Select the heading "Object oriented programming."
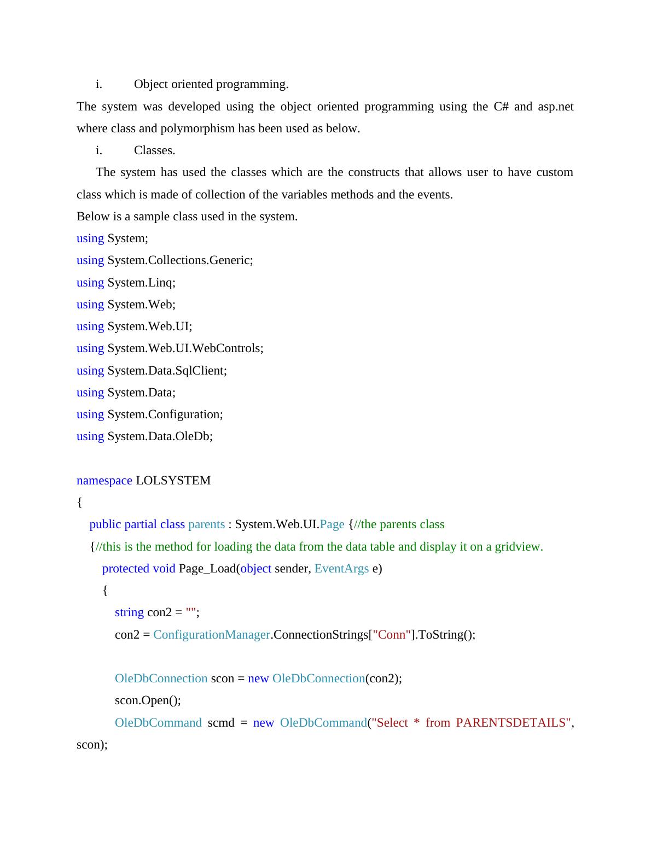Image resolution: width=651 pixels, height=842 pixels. coord(211,84)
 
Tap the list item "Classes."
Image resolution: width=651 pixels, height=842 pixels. coord(154,150)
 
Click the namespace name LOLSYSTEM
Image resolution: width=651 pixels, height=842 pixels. coord(173,481)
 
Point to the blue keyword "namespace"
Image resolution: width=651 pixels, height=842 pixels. coord(104,481)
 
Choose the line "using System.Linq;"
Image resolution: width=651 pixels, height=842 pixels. coord(126,283)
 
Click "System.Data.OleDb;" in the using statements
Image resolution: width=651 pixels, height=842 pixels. coord(160,436)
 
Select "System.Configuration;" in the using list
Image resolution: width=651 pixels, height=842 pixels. coord(165,414)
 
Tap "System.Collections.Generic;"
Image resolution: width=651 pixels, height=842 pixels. coord(180,260)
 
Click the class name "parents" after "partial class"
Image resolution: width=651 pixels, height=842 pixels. coord(206,524)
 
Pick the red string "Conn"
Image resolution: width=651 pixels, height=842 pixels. coord(392,635)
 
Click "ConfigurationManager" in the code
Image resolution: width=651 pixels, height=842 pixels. coord(211,635)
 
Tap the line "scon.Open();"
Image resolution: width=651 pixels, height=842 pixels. coord(148,700)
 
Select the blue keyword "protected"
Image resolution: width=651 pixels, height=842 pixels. coord(125,569)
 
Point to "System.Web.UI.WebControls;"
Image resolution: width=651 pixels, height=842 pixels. coord(185,348)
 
